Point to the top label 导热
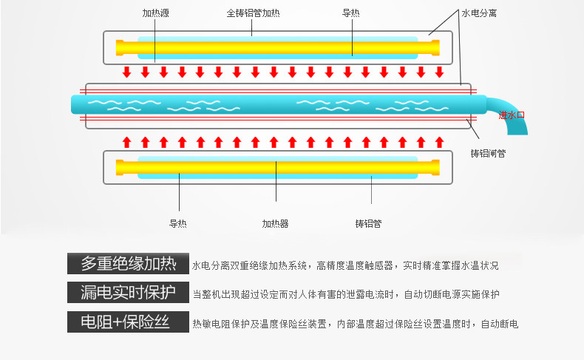[x=351, y=13]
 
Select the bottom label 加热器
[x=275, y=223]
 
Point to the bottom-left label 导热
[x=178, y=223]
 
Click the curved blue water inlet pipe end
[x=518, y=128]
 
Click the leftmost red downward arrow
[x=127, y=72]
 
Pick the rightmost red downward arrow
[x=439, y=72]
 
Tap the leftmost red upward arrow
[x=127, y=141]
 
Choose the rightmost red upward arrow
[x=439, y=141]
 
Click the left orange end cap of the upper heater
[x=120, y=48]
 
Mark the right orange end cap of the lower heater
[x=435, y=167]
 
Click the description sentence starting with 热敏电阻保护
[x=355, y=324]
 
